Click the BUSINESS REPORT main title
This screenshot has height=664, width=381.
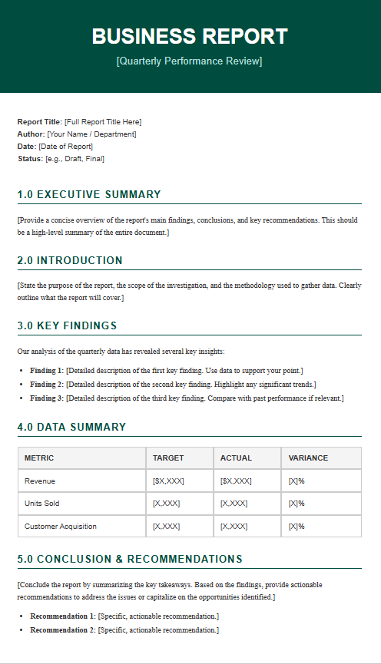pos(190,36)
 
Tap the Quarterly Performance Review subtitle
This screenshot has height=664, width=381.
pos(189,61)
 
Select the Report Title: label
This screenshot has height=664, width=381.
pos(39,122)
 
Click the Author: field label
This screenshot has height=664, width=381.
pos(31,134)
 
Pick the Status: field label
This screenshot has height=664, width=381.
pos(30,159)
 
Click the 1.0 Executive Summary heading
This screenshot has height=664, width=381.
pos(89,194)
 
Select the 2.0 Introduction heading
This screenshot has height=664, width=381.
pos(70,260)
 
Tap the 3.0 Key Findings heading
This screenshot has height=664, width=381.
pos(67,325)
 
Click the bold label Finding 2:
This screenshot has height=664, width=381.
pos(47,384)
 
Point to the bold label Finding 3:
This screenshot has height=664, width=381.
pos(47,398)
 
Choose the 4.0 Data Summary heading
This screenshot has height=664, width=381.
pos(71,427)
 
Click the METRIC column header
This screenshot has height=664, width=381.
pos(39,458)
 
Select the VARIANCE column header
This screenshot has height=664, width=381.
pos(308,458)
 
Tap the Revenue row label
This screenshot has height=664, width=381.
pos(40,481)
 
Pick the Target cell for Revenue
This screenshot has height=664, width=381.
pos(169,481)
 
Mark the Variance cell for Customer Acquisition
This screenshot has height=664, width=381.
pos(297,527)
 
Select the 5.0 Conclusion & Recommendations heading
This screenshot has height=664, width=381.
pos(130,559)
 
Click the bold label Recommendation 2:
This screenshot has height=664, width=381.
pos(63,630)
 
